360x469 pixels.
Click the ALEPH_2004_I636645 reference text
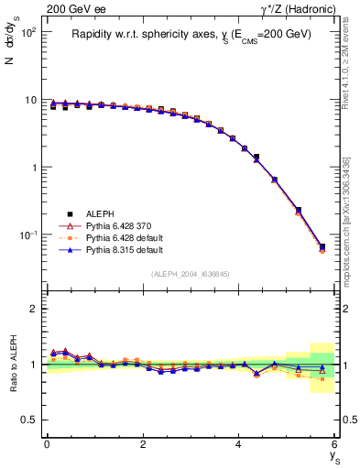point(191,273)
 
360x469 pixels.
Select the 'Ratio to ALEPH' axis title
point(13,364)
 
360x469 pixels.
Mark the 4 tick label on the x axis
point(239,445)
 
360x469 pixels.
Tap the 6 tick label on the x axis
point(335,445)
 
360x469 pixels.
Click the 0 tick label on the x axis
point(47,445)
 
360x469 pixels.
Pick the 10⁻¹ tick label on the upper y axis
point(27,236)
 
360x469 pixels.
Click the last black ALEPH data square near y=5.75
point(322,246)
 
